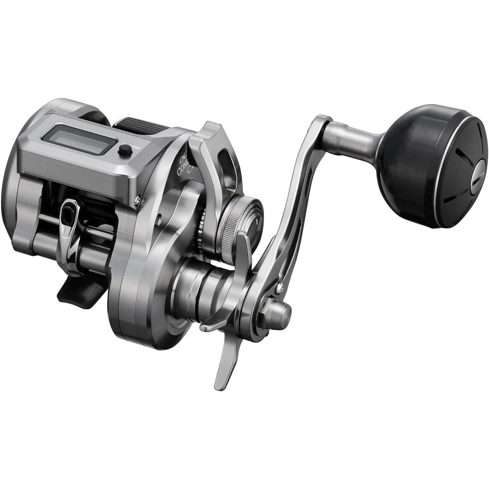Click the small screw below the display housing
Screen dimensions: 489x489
point(137,196)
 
